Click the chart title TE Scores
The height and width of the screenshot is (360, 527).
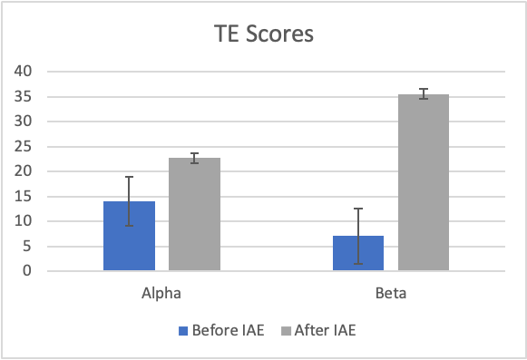pos(264,34)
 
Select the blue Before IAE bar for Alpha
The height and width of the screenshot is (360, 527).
pos(130,236)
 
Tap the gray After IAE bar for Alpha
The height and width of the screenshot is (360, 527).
pos(195,214)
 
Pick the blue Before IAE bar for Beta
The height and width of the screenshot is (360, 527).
pos(358,253)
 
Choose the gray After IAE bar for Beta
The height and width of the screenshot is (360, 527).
pos(424,182)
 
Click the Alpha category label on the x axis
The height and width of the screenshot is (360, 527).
pos(161,294)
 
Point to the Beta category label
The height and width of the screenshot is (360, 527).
pos(391,293)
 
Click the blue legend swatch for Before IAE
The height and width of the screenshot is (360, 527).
pos(183,331)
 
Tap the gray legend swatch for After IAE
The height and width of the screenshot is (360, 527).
pos(286,331)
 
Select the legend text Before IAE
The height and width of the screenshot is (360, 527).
pos(229,330)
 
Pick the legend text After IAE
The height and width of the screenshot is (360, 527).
pos(326,330)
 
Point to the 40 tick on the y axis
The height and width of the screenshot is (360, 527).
pos(24,72)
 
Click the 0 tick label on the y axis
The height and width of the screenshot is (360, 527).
pos(27,270)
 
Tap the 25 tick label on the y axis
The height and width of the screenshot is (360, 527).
pos(24,147)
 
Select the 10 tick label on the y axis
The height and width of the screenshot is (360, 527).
pos(24,221)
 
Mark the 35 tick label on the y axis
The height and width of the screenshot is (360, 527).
pos(24,97)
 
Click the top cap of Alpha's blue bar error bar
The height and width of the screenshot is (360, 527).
pos(130,177)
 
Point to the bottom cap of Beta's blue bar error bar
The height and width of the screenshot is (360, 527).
pos(358,264)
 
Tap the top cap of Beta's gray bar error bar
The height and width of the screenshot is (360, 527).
pos(424,89)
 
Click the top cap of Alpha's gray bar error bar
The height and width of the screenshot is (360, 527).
pos(195,153)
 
